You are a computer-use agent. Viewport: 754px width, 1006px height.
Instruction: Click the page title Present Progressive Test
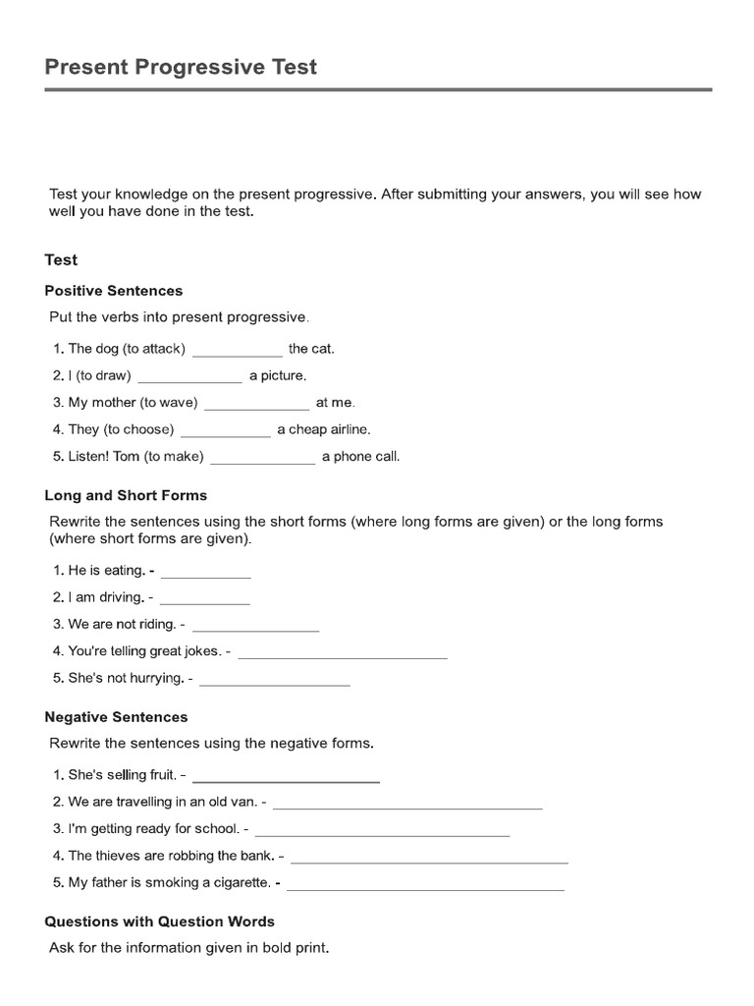pyautogui.click(x=181, y=67)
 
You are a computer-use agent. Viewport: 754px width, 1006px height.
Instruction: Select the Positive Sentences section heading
pyautogui.click(x=114, y=291)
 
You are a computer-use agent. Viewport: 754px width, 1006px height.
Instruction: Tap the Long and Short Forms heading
pyautogui.click(x=126, y=495)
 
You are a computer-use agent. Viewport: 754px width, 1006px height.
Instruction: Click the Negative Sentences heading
pyautogui.click(x=116, y=717)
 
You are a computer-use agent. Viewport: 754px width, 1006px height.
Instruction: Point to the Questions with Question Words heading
pyautogui.click(x=160, y=922)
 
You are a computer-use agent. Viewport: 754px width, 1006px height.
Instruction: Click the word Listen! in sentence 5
pyautogui.click(x=88, y=457)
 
